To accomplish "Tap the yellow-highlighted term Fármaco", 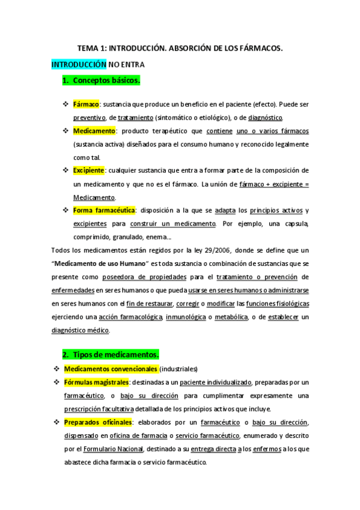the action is click(x=86, y=103).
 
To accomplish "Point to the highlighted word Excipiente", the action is click(x=89, y=170).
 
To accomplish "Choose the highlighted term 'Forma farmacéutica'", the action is click(x=105, y=210).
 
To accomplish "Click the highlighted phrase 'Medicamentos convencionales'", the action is click(x=111, y=369).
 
